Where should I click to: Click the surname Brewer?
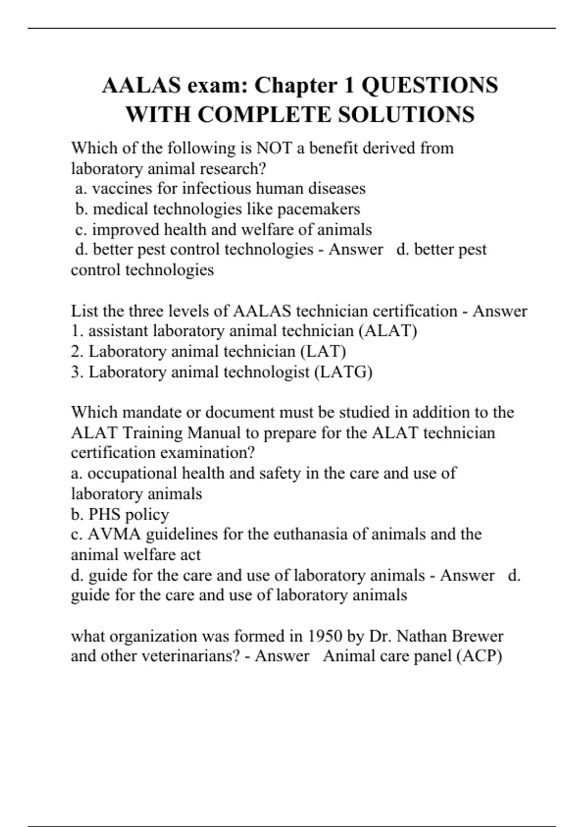click(x=478, y=636)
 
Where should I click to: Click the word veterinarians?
click(x=190, y=656)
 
